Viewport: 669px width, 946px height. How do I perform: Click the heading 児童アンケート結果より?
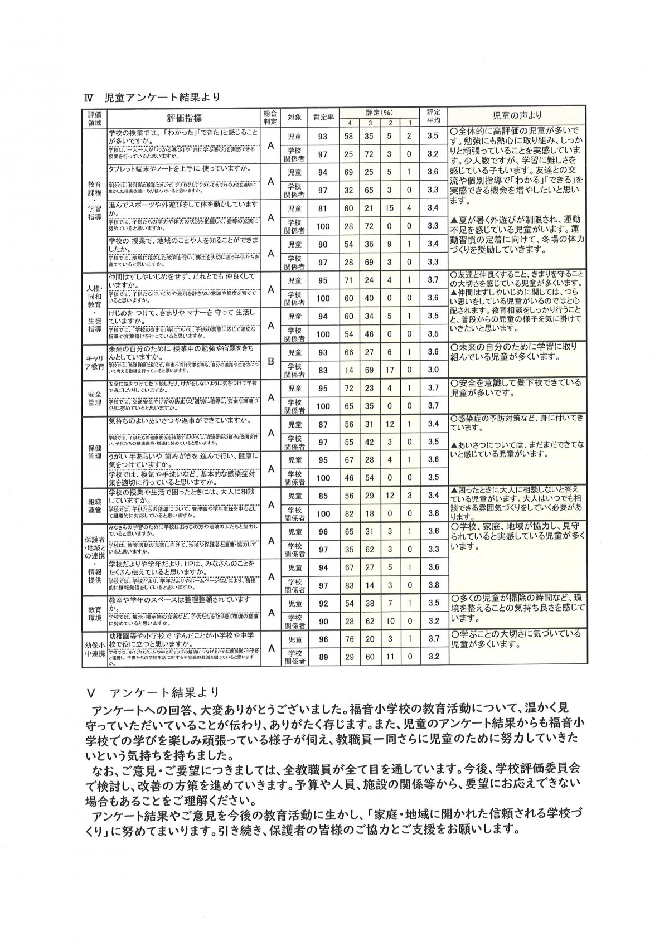click(162, 96)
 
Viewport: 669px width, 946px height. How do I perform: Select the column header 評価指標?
click(185, 117)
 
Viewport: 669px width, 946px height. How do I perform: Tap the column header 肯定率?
click(323, 117)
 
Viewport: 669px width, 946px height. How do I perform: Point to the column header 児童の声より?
click(517, 116)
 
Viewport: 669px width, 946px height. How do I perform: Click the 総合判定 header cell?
click(270, 117)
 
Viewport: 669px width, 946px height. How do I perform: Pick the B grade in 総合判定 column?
click(271, 361)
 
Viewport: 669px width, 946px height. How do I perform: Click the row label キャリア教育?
click(94, 361)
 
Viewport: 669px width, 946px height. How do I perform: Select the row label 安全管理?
click(94, 397)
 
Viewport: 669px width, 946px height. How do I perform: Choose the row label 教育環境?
click(94, 612)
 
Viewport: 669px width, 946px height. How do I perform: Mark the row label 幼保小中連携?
click(94, 648)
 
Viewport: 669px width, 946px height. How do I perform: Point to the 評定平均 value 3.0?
click(433, 370)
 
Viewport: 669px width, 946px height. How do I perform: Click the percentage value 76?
click(350, 639)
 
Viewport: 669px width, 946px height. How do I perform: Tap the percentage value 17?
click(390, 370)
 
